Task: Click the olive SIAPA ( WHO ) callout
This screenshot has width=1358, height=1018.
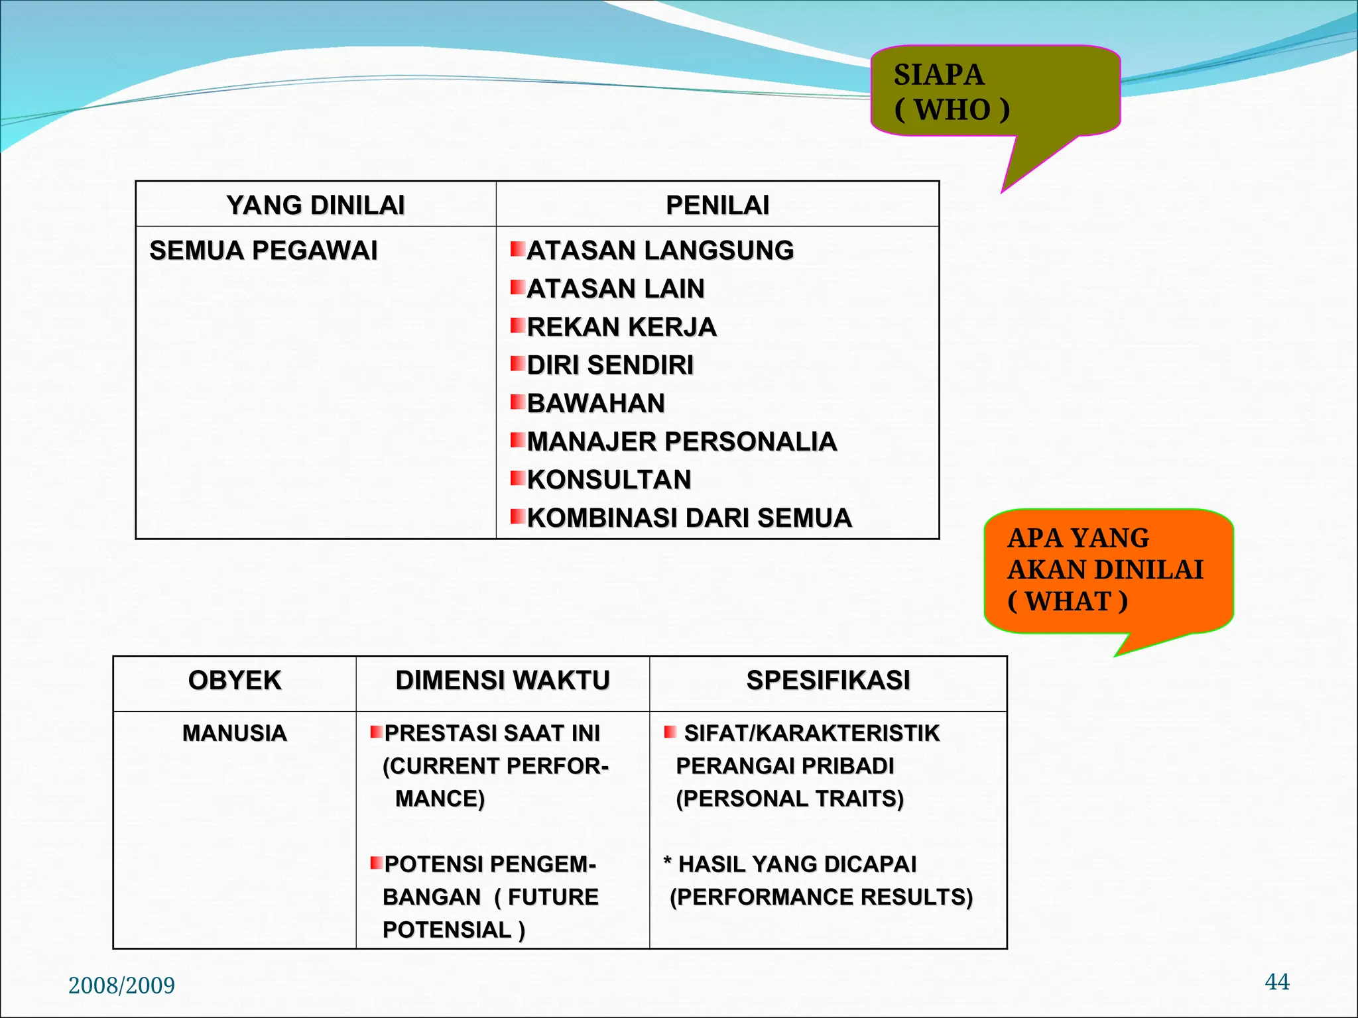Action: click(995, 91)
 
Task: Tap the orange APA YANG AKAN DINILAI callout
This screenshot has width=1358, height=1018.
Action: click(1107, 570)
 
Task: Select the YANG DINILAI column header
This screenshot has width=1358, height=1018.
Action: click(316, 205)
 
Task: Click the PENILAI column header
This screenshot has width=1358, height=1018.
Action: click(717, 205)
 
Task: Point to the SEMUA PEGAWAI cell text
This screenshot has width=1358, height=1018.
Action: click(263, 251)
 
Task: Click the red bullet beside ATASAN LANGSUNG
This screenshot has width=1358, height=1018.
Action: click(517, 249)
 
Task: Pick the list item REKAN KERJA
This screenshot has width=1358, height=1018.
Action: click(621, 327)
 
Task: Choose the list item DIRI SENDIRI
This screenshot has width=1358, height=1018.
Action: click(610, 365)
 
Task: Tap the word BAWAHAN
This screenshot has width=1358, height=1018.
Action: click(595, 403)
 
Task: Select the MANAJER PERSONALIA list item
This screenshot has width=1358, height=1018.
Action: click(682, 441)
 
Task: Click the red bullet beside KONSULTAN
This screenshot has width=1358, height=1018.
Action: click(517, 478)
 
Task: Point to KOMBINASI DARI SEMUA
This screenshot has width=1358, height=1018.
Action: click(689, 518)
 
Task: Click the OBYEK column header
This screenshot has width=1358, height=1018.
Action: click(235, 681)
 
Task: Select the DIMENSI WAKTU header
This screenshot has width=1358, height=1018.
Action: click(503, 681)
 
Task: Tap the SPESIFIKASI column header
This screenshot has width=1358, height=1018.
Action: click(828, 681)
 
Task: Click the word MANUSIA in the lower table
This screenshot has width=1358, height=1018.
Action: click(235, 733)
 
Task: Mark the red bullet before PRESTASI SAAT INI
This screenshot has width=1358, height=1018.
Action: click(376, 732)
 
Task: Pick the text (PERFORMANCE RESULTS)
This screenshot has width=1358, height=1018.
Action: click(821, 897)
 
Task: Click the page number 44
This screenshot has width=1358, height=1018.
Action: click(1277, 982)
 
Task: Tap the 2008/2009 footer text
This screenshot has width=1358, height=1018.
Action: click(121, 986)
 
